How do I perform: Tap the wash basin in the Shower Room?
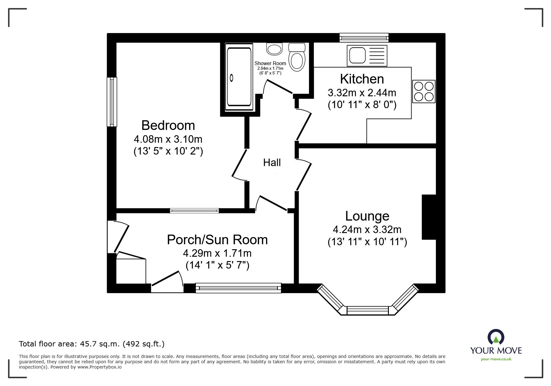pos(274,49)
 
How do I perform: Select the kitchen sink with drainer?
pos(367,56)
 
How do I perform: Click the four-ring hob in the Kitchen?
pos(423,92)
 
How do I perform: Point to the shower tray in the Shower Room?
pos(239,77)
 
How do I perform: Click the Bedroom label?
pos(168,126)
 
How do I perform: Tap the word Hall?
pos(272,163)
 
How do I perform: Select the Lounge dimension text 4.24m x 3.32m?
pos(367,230)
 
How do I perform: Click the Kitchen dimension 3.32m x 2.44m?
pos(362,93)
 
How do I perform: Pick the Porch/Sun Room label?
pos(217,240)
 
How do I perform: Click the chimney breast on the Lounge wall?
pos(429,217)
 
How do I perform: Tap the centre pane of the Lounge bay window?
pos(367,311)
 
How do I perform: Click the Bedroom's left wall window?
pos(112,102)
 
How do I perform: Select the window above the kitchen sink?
pos(364,38)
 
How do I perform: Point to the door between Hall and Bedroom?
pos(240,165)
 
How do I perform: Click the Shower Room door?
pos(278,87)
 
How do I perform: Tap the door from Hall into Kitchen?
pos(303,125)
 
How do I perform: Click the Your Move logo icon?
pos(496,337)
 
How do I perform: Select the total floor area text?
pos(91,344)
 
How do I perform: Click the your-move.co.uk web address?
pos(496,359)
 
